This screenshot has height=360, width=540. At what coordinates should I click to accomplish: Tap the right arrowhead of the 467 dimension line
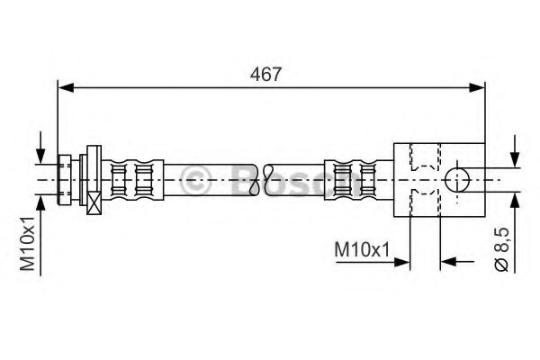478,87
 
